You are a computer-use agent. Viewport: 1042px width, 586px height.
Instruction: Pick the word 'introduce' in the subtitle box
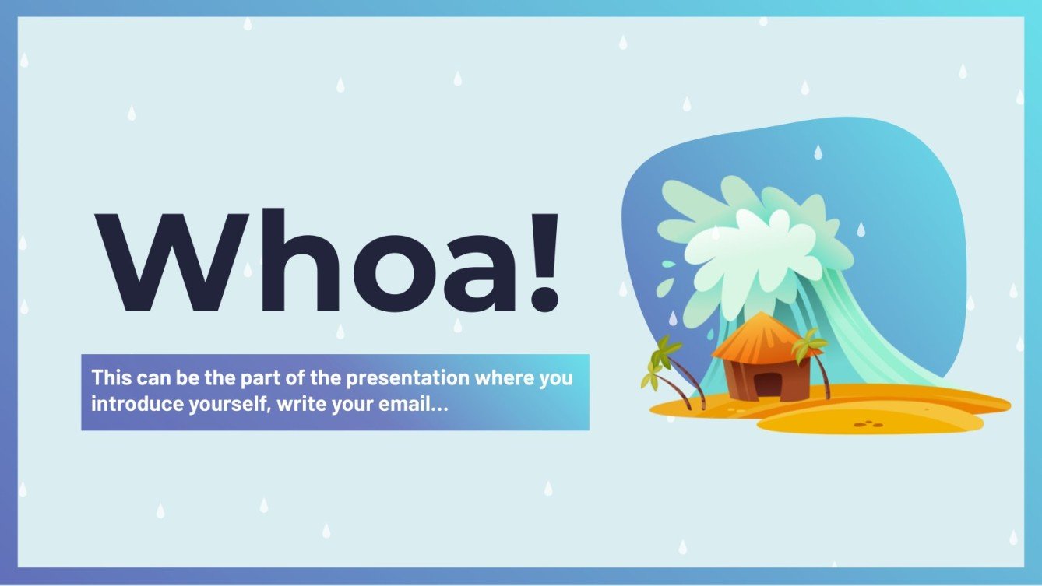point(128,405)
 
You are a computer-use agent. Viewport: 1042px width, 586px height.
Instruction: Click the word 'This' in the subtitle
point(111,379)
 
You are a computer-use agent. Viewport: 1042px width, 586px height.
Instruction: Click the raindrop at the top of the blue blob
point(818,152)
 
